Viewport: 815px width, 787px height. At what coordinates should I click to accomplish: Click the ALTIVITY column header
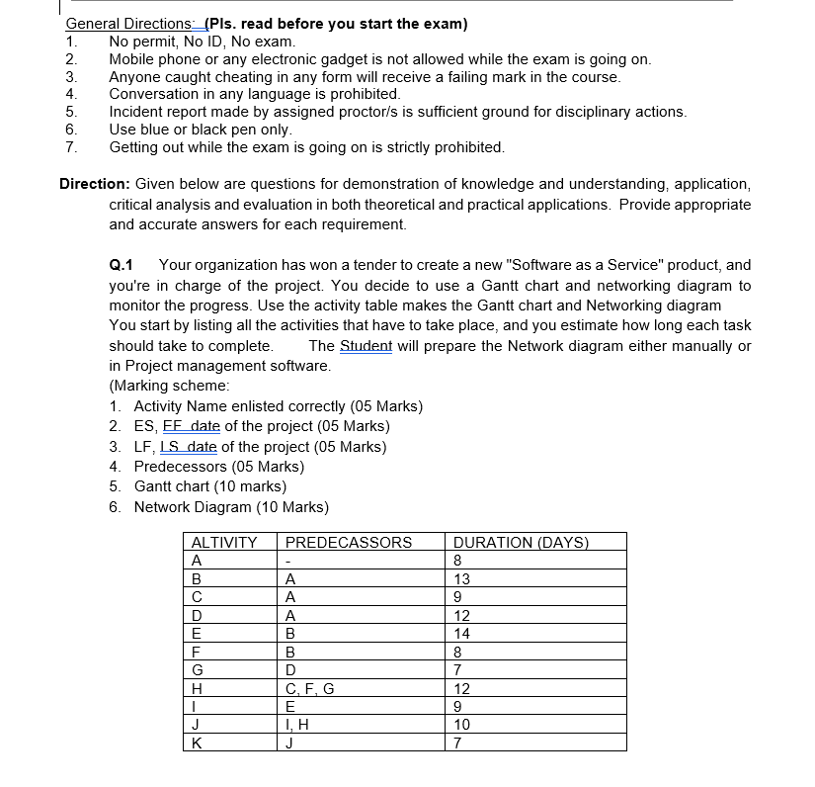point(223,542)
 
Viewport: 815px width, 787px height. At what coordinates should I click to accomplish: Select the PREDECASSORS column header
point(349,542)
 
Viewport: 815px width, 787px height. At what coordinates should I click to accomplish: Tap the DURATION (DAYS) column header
point(520,542)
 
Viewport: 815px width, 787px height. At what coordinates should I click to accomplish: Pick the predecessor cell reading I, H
point(297,725)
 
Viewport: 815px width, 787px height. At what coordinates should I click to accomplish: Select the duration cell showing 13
point(461,578)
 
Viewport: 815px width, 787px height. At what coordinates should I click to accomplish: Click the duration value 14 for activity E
point(461,634)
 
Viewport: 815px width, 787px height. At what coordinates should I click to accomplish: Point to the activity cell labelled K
point(197,743)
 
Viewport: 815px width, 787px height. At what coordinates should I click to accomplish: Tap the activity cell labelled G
point(197,670)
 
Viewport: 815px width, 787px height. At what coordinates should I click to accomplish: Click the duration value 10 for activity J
point(461,725)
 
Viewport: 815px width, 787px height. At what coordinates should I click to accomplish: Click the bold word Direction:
point(95,184)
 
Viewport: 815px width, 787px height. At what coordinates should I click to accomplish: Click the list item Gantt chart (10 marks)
point(209,486)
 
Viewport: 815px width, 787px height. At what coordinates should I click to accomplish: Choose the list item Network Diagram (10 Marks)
point(231,507)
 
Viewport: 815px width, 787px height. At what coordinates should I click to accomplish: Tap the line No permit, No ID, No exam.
point(202,42)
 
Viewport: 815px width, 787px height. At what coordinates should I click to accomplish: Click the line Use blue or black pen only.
point(201,130)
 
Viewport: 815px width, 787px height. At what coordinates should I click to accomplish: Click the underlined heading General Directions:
point(130,24)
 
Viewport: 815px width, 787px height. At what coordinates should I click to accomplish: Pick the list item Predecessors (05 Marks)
point(218,467)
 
